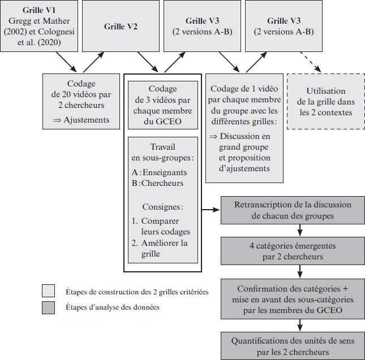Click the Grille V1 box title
(x=39, y=10)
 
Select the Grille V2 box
(x=121, y=26)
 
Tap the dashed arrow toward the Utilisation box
(x=311, y=62)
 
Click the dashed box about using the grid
(x=326, y=101)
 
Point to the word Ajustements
(x=87, y=120)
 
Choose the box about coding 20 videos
(x=81, y=101)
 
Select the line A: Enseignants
(x=159, y=172)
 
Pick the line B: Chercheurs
(x=157, y=183)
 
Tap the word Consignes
(x=161, y=207)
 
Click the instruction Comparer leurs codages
(x=161, y=226)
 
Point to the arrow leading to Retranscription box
(x=211, y=210)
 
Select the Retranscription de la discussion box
(x=293, y=210)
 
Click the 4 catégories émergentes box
(x=293, y=251)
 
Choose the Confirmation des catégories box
(x=293, y=299)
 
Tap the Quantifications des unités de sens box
(x=293, y=346)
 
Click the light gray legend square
(x=49, y=290)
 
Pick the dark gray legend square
(x=49, y=307)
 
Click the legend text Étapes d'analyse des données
(x=113, y=307)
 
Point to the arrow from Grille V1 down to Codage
(x=66, y=62)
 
